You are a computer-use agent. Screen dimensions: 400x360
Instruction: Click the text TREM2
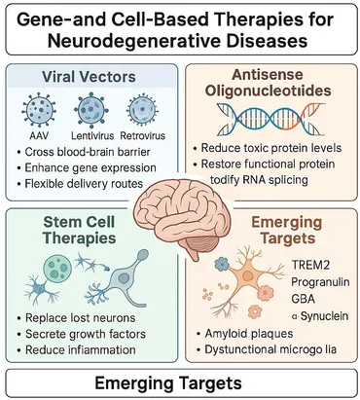311,264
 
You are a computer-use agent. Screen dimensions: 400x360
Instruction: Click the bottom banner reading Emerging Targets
179,381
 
